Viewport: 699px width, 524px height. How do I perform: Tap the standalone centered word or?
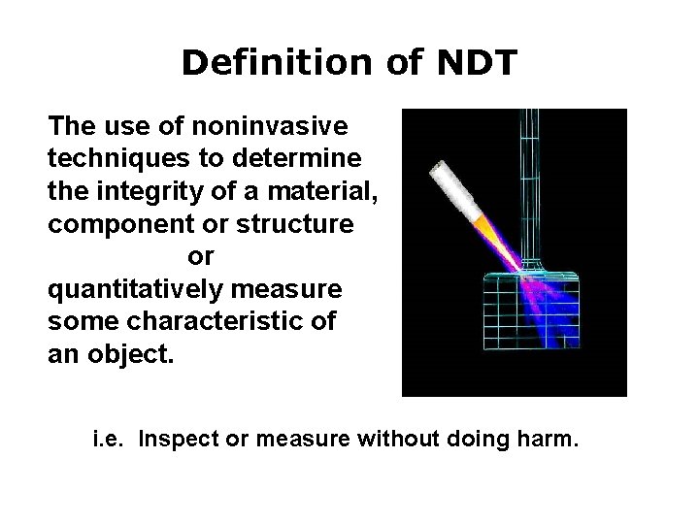200,255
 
